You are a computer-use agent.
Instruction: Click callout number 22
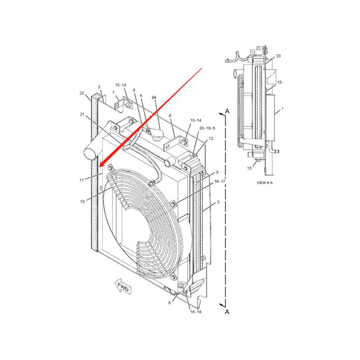point(82,93)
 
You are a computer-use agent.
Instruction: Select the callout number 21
point(82,115)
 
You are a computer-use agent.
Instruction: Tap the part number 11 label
point(81,180)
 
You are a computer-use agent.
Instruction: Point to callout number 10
point(82,202)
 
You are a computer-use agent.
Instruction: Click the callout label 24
point(154,98)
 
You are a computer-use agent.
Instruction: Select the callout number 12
point(211,139)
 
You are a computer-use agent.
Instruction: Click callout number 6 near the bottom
point(170,303)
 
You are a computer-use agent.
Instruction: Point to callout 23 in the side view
point(278,56)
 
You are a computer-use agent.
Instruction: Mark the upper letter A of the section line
point(227,111)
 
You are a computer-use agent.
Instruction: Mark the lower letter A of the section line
point(227,311)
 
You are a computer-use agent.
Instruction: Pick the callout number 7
point(113,92)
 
